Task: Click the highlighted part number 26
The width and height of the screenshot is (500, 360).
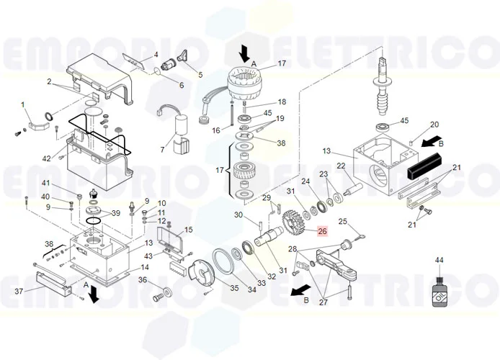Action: click(x=322, y=231)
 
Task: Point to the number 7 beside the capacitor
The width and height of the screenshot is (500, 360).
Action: click(x=163, y=150)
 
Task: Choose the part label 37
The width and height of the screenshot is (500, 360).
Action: click(x=19, y=291)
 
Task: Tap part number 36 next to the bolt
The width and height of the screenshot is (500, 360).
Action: click(x=143, y=280)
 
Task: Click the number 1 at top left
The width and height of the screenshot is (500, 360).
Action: click(x=23, y=105)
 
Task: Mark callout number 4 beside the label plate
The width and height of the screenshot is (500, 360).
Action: click(x=156, y=55)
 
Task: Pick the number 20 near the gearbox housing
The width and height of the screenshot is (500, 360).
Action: click(x=434, y=125)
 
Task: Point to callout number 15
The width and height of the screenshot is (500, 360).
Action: click(x=189, y=230)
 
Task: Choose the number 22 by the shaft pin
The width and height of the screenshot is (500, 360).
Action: click(x=341, y=166)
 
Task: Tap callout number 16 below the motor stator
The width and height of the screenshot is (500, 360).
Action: click(x=215, y=130)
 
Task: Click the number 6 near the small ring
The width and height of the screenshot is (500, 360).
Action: click(x=182, y=86)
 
